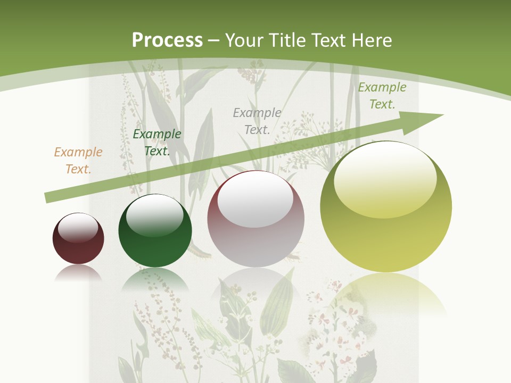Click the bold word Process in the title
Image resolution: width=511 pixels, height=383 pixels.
coord(167,40)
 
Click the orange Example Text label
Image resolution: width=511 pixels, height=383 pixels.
coord(78,161)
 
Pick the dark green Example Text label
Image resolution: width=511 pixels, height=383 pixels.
coord(157,143)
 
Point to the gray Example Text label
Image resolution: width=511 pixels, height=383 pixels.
coord(257,121)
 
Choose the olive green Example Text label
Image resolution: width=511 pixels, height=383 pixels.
coord(382,96)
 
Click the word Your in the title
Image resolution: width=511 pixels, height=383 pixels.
coord(245,40)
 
